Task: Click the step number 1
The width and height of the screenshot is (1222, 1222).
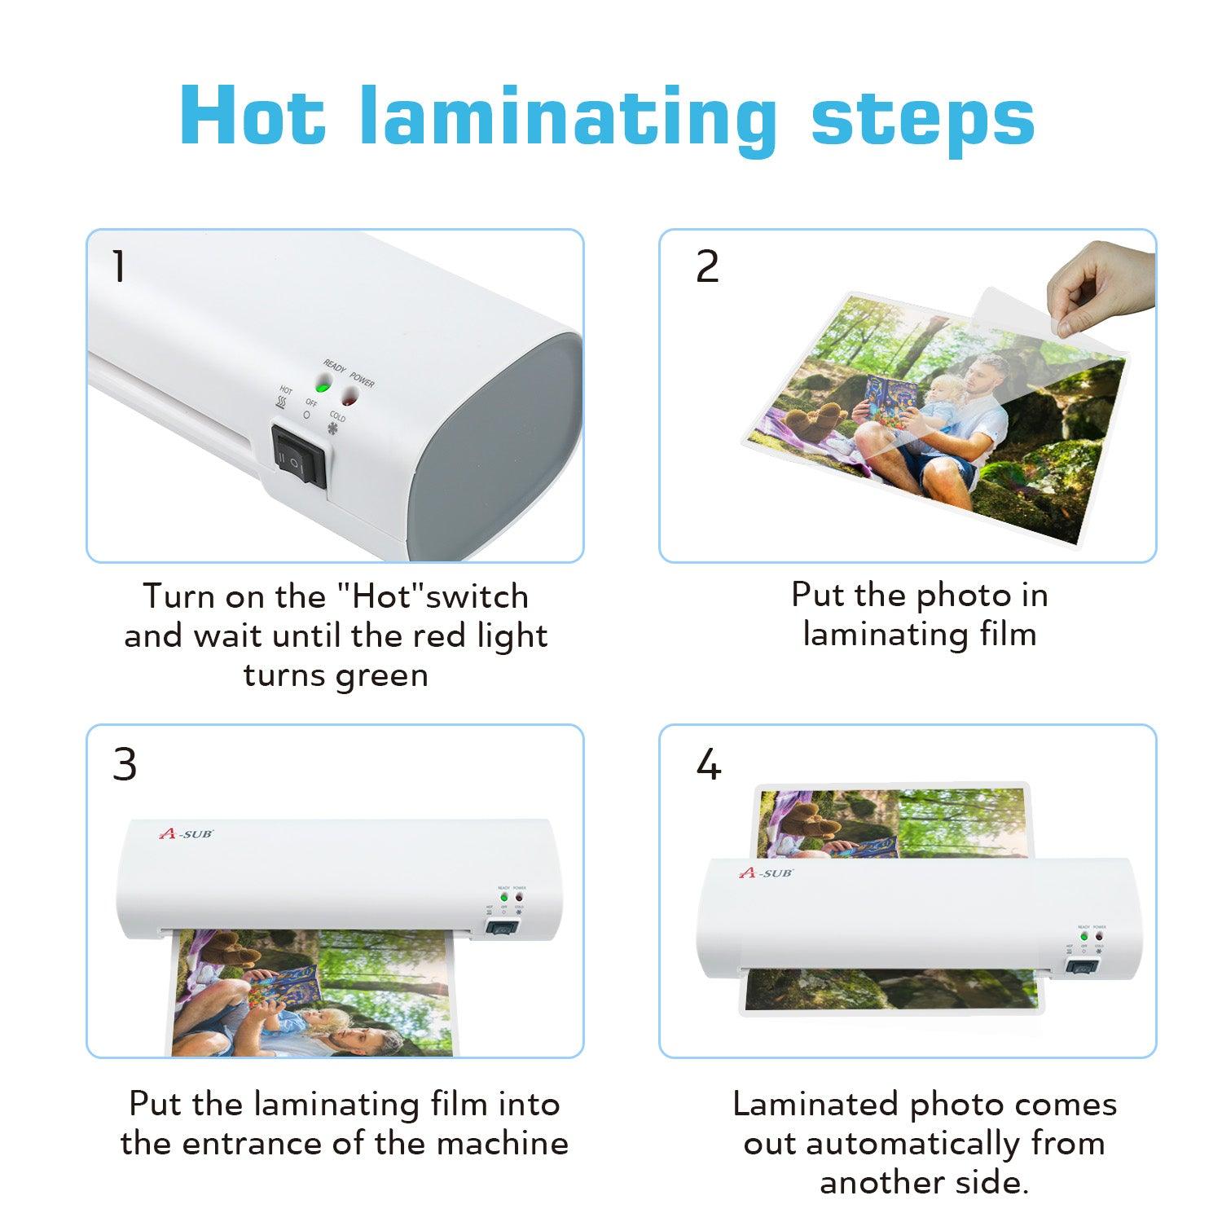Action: coord(120,266)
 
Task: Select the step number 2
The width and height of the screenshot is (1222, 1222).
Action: coord(707,266)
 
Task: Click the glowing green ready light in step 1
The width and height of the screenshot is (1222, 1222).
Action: coord(323,386)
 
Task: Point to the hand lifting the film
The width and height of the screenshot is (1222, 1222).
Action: coord(1100,289)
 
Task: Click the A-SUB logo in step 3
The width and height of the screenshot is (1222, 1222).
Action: coord(185,833)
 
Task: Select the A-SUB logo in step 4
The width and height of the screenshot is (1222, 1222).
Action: coord(766,873)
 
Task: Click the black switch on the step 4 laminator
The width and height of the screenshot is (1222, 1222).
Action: coord(1081,967)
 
